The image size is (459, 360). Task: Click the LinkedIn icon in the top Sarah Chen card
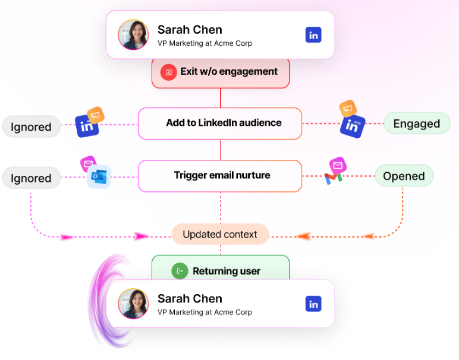(313, 35)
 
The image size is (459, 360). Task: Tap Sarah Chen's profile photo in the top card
(134, 34)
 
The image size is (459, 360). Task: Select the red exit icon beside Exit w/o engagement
(169, 72)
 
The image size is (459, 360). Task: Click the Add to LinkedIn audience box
(220, 124)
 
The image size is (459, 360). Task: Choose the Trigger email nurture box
(220, 176)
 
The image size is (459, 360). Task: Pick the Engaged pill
(417, 124)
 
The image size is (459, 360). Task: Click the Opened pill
(404, 176)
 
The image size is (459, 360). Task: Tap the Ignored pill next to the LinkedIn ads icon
(31, 127)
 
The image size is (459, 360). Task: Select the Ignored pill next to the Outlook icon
(31, 178)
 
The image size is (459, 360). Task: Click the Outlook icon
(99, 176)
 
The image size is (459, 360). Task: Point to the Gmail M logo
(334, 178)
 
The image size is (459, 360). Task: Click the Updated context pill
(220, 234)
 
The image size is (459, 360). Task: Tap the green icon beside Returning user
(180, 271)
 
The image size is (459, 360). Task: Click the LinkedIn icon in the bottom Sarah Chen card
(313, 304)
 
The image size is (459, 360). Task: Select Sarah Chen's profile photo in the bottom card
(134, 304)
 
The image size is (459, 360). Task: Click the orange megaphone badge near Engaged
(348, 109)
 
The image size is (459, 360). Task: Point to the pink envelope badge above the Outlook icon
(88, 164)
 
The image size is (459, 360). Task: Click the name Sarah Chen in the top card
(190, 30)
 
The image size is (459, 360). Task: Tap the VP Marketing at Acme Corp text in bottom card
(205, 312)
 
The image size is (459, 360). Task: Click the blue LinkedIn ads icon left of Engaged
(353, 126)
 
